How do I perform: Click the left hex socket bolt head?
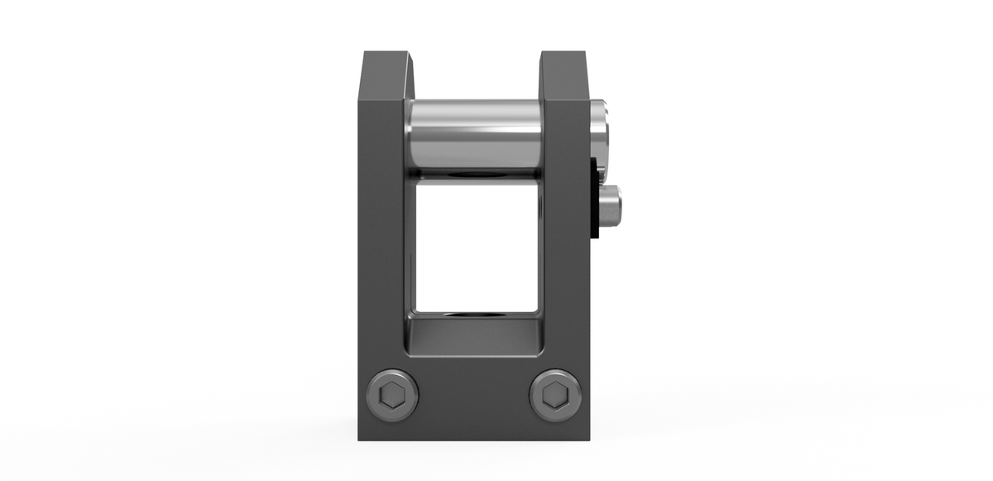click(391, 395)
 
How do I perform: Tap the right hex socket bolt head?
click(555, 395)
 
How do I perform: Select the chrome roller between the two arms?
click(474, 137)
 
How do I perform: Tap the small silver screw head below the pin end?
click(611, 206)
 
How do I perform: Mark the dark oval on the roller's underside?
click(475, 175)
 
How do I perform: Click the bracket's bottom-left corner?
click(360, 438)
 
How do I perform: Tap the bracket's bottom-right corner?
click(588, 438)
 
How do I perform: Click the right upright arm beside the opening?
click(567, 248)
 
